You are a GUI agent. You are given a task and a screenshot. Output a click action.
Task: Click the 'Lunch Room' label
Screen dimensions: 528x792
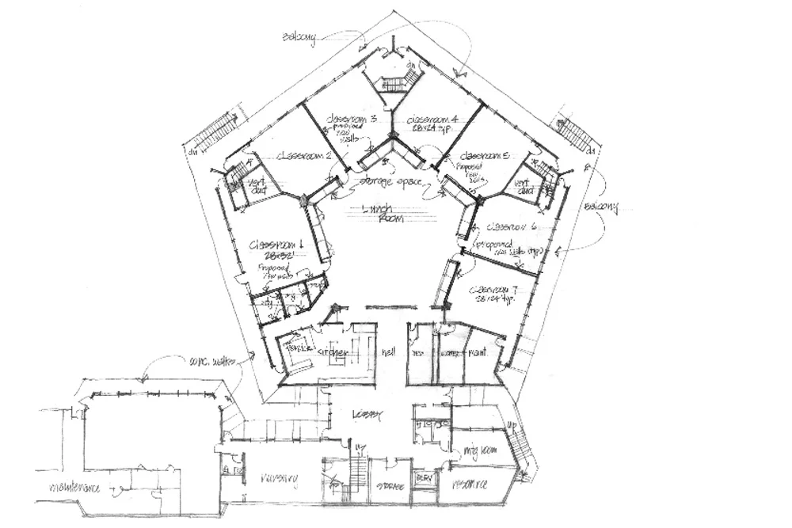pyautogui.click(x=383, y=213)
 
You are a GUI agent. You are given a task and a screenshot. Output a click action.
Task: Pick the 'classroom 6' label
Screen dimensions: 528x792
pyautogui.click(x=511, y=226)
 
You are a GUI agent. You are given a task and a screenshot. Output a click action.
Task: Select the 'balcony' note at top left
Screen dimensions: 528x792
pyautogui.click(x=300, y=36)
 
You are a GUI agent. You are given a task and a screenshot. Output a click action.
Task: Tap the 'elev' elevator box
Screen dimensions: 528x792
pyautogui.click(x=424, y=480)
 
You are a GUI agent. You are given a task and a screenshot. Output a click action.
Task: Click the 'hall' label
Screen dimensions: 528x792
pyautogui.click(x=388, y=351)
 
